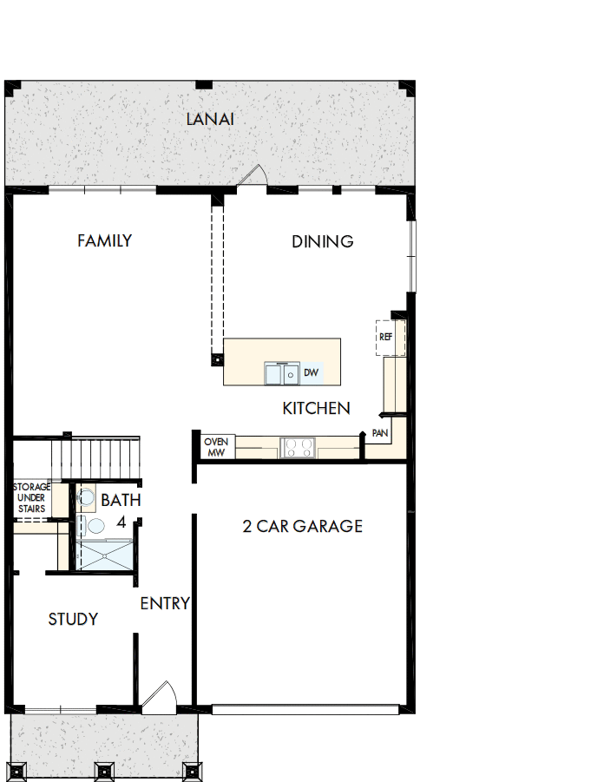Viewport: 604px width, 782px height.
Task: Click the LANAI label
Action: tap(211, 119)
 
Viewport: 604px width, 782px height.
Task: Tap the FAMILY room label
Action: tap(104, 240)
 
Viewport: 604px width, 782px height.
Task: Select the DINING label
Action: tap(322, 241)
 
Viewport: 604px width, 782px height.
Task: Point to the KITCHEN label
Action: tap(316, 408)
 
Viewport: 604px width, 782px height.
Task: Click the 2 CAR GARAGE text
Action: tap(302, 526)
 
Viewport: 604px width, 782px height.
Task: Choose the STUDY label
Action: tap(73, 619)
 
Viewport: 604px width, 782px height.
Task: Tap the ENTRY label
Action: tap(165, 603)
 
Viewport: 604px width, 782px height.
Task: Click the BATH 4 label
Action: tap(121, 510)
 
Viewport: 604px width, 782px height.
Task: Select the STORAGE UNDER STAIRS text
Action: tap(31, 498)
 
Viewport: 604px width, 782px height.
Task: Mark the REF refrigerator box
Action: tap(386, 337)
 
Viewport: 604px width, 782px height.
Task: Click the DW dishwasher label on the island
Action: tap(311, 373)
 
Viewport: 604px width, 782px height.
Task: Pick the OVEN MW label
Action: tap(215, 446)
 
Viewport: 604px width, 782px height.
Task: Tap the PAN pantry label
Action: tap(380, 432)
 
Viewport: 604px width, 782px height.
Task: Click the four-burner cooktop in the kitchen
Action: tap(299, 448)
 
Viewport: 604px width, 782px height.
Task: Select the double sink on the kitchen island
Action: tap(281, 373)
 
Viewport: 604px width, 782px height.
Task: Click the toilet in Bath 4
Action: tap(95, 525)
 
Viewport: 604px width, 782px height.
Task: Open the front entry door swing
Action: tap(160, 694)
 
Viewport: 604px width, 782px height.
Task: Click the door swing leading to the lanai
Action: tap(253, 177)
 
